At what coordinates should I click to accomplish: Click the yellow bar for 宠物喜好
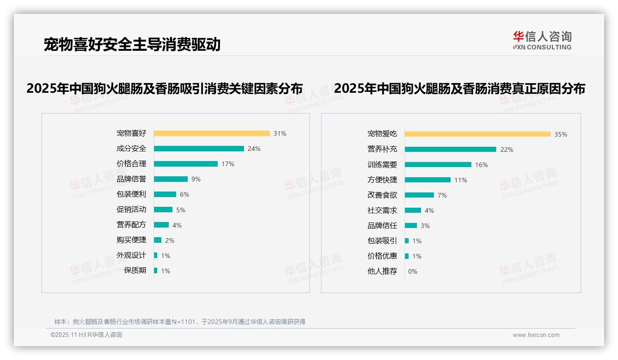pos(212,133)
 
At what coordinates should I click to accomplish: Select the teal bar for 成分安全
pos(199,149)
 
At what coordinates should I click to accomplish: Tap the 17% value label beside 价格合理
pos(228,164)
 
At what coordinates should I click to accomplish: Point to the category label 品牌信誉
pos(131,179)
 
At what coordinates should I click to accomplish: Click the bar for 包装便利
pos(165,194)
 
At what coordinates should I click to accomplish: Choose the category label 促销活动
pos(131,210)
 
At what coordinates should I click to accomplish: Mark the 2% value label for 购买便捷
pos(170,240)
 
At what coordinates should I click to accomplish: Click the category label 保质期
pos(135,270)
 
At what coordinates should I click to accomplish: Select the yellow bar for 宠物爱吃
pos(478,134)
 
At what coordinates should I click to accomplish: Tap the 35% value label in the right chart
pos(561,134)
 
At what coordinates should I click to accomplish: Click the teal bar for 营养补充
pos(451,150)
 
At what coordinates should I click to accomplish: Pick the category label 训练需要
pos(382,165)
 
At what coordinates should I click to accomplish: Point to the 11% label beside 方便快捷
pos(461,180)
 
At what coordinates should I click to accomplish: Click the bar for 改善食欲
pos(420,195)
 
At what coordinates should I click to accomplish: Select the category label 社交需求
pos(382,210)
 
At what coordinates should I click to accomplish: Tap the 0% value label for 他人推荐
pos(413,271)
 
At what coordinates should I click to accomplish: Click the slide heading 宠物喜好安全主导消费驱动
pos(132,44)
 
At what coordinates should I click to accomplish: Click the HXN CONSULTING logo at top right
pos(542,40)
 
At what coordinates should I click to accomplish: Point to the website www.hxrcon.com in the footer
pos(536,335)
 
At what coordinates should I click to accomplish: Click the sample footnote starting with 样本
pos(180,322)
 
